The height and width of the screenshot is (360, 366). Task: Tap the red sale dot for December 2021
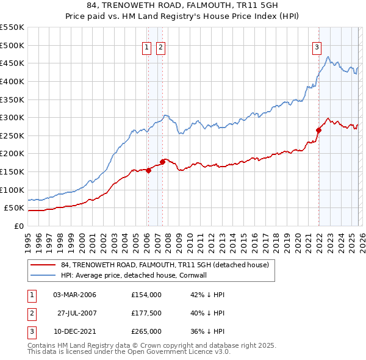(x=318, y=130)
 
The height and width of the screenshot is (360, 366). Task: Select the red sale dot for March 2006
(x=148, y=170)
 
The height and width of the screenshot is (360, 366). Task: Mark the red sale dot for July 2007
(x=163, y=162)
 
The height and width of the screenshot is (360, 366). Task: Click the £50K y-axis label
(x=14, y=208)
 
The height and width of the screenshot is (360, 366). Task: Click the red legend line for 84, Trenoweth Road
(x=43, y=265)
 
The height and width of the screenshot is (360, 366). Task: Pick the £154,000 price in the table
(x=146, y=295)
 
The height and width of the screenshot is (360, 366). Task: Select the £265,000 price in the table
(x=146, y=331)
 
